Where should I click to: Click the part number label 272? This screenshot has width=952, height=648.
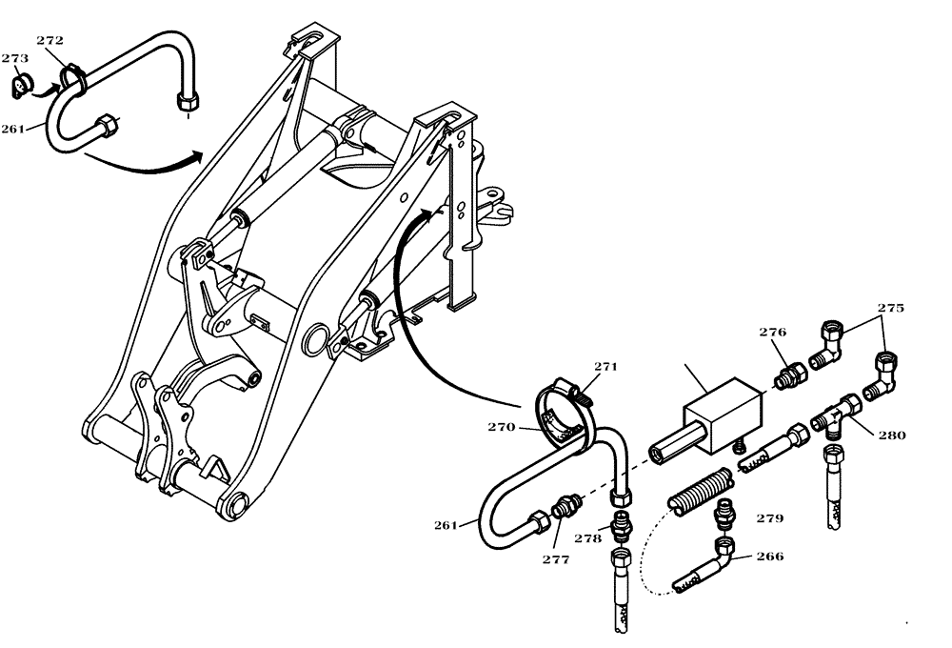tap(50, 42)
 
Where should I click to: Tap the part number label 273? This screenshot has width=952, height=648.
tap(14, 59)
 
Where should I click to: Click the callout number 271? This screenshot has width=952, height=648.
tap(606, 367)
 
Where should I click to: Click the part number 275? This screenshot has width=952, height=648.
tap(891, 308)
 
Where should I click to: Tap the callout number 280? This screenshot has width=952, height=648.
tap(892, 435)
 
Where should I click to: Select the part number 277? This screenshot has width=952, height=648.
tap(555, 560)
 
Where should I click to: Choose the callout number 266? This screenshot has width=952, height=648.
tap(770, 557)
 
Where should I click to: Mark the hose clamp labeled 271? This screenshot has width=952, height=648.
tap(576, 391)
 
